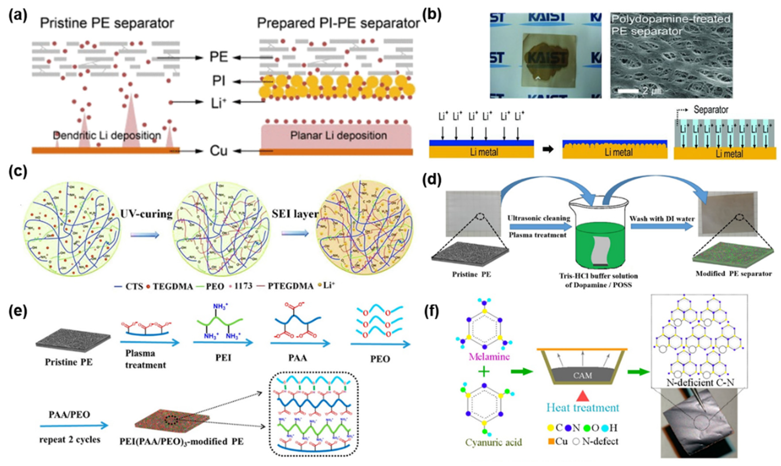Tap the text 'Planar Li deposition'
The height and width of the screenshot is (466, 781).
tap(338, 136)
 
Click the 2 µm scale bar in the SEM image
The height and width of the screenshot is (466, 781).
tap(628, 91)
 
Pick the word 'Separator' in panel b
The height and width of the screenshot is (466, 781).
tap(711, 110)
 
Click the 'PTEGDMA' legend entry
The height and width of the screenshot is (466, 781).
tap(290, 286)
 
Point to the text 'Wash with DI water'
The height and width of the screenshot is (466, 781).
tap(662, 219)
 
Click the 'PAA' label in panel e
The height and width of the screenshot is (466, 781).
tap(298, 358)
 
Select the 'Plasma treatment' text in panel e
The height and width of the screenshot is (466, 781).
tap(145, 359)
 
